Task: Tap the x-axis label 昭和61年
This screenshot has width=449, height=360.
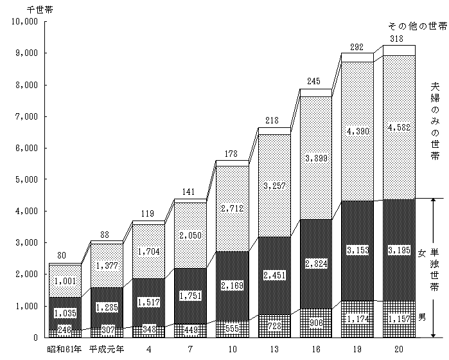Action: tap(65, 349)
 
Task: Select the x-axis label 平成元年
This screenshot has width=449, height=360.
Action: tap(106, 349)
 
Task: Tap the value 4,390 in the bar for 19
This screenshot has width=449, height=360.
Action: tap(357, 132)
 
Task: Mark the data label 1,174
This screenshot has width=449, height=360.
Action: tap(357, 318)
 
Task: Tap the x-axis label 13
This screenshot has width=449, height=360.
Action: tap(274, 349)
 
